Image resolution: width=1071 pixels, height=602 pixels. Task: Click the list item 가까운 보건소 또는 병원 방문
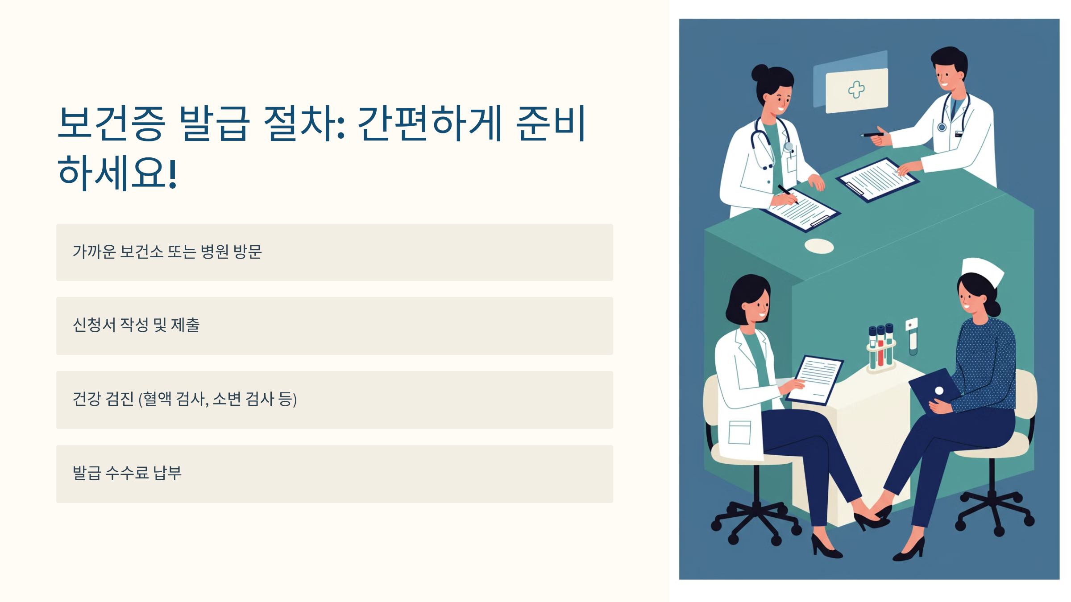pyautogui.click(x=334, y=252)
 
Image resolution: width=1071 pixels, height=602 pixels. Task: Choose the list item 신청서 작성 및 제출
pyautogui.click(x=334, y=326)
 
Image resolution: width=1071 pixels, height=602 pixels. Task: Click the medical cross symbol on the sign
pyautogui.click(x=856, y=90)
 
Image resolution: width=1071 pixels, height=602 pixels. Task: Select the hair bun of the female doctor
pyautogui.click(x=760, y=72)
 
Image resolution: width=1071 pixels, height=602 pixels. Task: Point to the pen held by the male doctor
pyautogui.click(x=872, y=134)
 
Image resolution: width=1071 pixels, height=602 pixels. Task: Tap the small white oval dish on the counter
pyautogui.click(x=819, y=246)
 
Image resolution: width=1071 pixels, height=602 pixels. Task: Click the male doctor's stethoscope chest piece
pyautogui.click(x=942, y=128)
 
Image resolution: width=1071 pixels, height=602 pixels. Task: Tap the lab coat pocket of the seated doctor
pyautogui.click(x=739, y=432)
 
